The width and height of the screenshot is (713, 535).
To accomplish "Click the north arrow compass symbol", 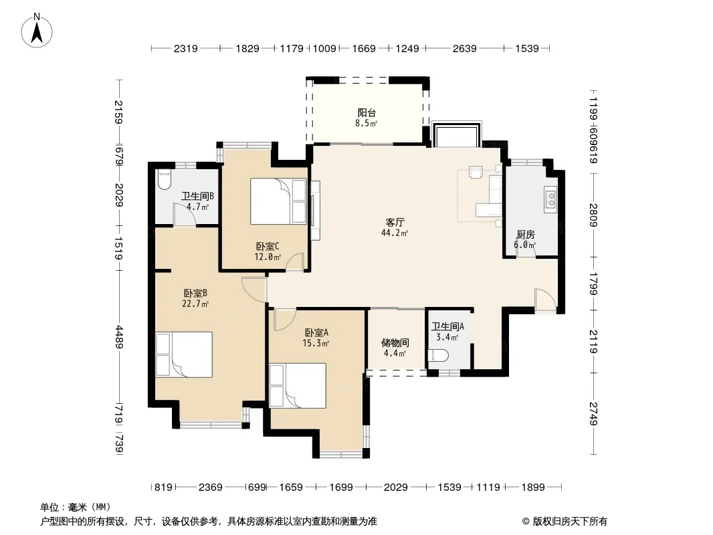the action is click(37, 31).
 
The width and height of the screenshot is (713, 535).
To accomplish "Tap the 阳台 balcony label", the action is click(367, 113).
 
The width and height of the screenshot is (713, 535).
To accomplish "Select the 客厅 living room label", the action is click(395, 222).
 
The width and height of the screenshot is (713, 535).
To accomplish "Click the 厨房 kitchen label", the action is click(525, 235).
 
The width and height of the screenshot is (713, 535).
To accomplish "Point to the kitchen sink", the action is click(550, 199).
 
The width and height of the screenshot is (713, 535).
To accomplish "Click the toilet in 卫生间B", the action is click(164, 179).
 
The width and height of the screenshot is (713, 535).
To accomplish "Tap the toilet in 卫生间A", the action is click(438, 355).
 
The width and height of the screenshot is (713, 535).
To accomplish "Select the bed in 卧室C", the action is click(278, 201).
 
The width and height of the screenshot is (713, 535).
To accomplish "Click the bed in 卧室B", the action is click(184, 354).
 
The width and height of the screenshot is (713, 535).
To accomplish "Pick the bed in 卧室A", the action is click(298, 385).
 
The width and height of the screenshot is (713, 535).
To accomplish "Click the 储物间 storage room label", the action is click(395, 342).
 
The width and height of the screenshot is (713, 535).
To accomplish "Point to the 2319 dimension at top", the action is click(185, 48).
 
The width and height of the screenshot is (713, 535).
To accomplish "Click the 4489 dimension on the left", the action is click(119, 337).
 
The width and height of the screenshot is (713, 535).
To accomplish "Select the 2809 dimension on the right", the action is click(593, 215).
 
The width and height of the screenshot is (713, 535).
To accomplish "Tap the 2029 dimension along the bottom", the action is click(395, 488).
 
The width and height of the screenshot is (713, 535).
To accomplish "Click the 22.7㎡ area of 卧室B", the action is click(195, 304).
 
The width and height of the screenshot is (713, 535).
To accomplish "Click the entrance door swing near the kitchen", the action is click(545, 300).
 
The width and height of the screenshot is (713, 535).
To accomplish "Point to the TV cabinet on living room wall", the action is click(315, 211).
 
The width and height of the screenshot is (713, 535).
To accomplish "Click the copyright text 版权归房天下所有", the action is click(570, 522).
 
